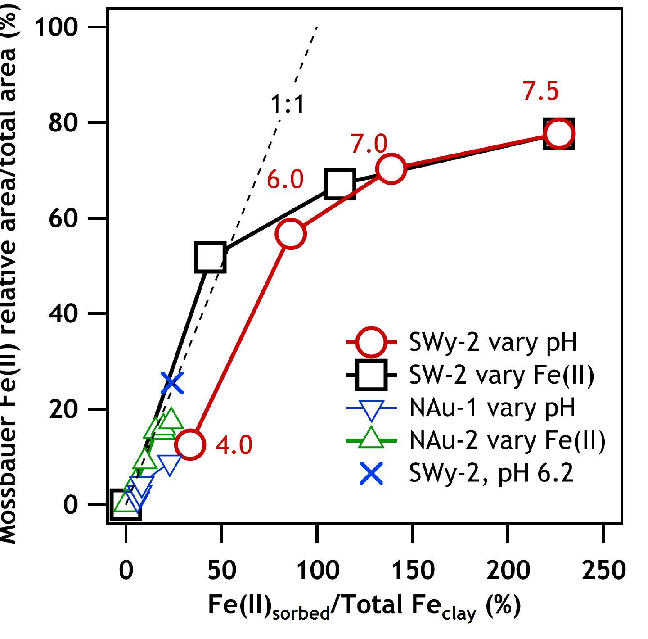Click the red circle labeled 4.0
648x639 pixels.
[190, 444]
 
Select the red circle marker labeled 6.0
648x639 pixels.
[291, 233]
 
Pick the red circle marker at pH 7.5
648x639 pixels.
[558, 134]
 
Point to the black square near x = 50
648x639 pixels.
[210, 257]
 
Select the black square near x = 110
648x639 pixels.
[340, 184]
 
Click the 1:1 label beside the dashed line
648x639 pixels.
[288, 104]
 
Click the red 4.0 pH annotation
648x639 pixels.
[234, 445]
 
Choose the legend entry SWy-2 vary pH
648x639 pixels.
[493, 343]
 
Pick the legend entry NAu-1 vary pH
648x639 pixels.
[492, 408]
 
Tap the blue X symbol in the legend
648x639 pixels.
[371, 474]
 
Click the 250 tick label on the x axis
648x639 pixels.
[603, 570]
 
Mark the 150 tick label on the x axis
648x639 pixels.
[413, 570]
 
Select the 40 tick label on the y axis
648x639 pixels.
[63, 314]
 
